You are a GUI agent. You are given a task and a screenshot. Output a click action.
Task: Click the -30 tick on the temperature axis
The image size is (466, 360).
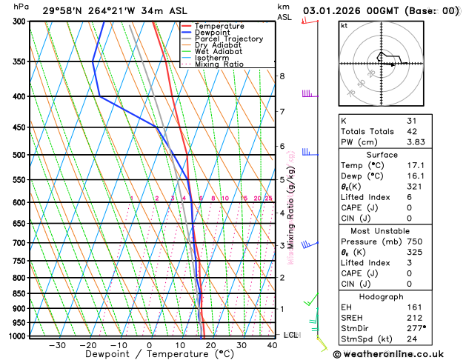57,345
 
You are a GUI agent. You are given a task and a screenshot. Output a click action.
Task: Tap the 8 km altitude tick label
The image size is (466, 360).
282,76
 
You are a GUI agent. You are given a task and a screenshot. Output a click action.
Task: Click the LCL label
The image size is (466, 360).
290,335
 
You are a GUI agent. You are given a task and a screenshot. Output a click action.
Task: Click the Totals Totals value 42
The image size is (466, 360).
411,131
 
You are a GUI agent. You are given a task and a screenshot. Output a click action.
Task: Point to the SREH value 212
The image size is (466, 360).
413,316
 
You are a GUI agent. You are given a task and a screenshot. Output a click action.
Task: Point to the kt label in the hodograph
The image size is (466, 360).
344,26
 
